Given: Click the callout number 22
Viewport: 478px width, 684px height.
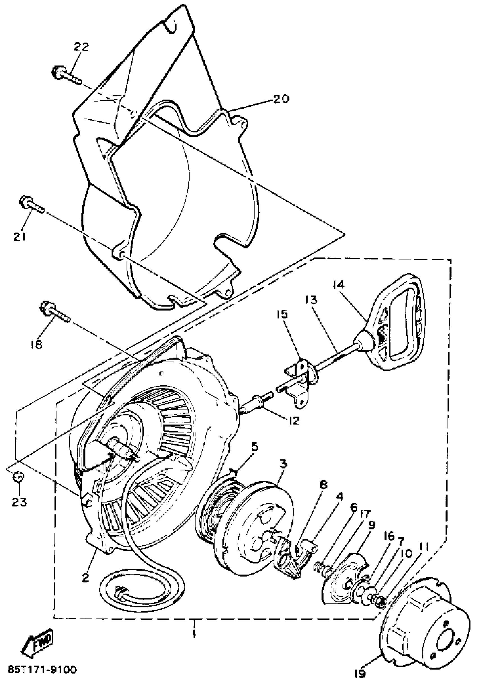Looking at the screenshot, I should [81, 47].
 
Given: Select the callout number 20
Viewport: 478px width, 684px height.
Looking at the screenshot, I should [281, 98].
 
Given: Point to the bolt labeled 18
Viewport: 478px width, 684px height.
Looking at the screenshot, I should [54, 312].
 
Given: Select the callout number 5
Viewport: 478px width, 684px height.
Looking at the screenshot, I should [254, 456].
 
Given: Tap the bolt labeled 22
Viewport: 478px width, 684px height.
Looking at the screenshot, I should [66, 75].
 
